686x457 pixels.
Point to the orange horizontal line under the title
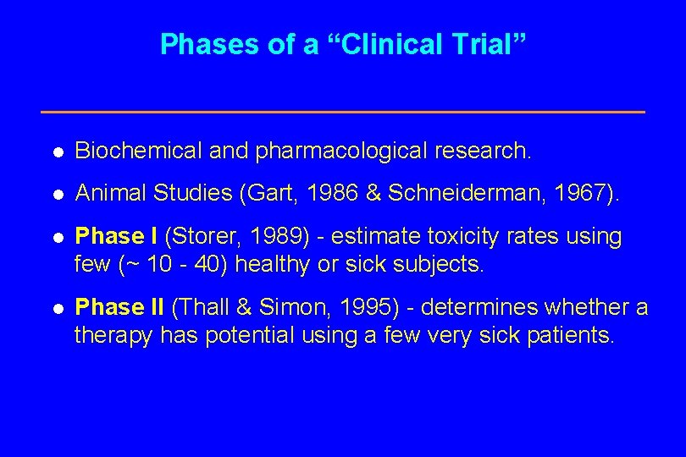[x=343, y=112]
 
